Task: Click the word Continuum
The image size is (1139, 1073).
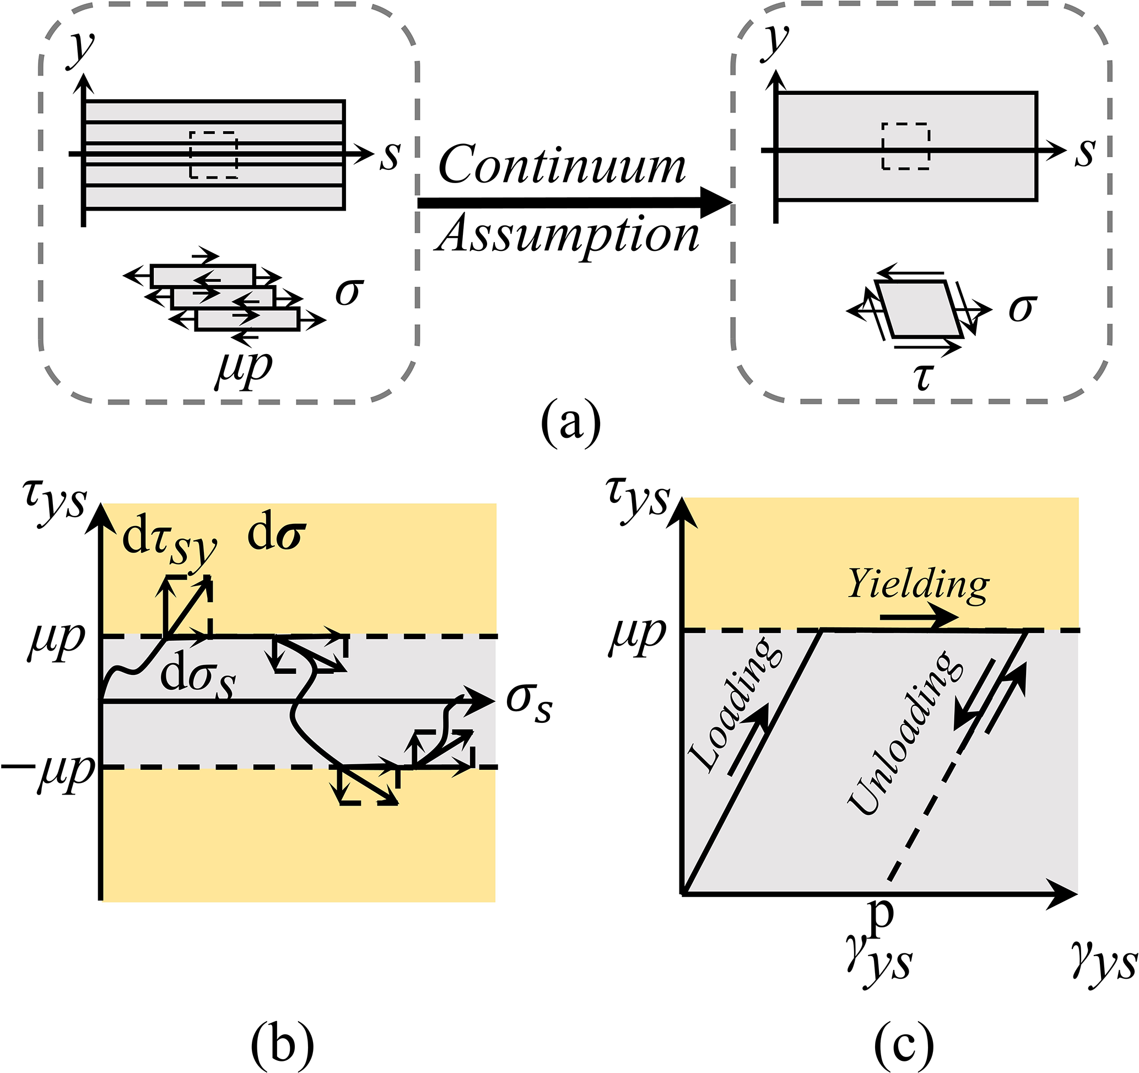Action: (562, 165)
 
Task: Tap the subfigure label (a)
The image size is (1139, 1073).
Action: (571, 425)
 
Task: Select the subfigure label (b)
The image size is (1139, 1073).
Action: (282, 1045)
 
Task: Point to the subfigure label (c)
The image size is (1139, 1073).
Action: (904, 1045)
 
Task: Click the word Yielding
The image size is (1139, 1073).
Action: (919, 584)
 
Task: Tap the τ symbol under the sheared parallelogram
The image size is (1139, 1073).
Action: (923, 375)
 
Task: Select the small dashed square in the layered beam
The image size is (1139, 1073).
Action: (213, 155)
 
